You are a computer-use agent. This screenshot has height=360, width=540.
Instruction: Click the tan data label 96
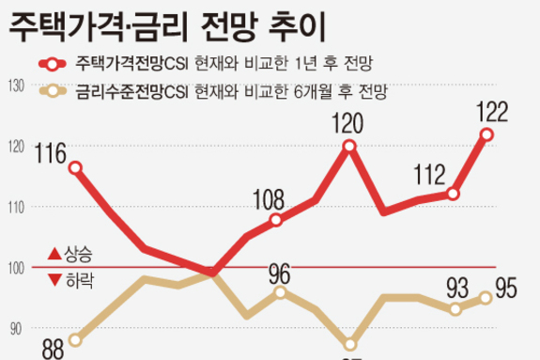click(x=280, y=274)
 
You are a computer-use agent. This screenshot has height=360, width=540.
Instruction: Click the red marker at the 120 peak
click(x=349, y=146)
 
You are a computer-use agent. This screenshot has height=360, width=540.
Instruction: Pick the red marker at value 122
click(x=486, y=134)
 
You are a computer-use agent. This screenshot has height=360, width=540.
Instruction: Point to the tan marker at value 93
click(x=455, y=309)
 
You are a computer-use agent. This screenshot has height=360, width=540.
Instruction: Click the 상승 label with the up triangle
click(x=70, y=252)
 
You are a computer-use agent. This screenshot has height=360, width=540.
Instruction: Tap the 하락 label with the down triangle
click(x=70, y=281)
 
